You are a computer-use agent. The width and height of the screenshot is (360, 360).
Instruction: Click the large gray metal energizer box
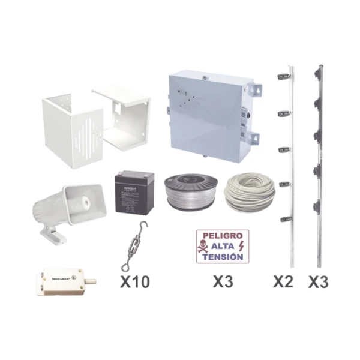(207, 114)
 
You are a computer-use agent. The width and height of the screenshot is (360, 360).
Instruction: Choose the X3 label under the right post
(318, 280)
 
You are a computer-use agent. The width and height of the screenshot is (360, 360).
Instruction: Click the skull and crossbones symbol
(204, 245)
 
